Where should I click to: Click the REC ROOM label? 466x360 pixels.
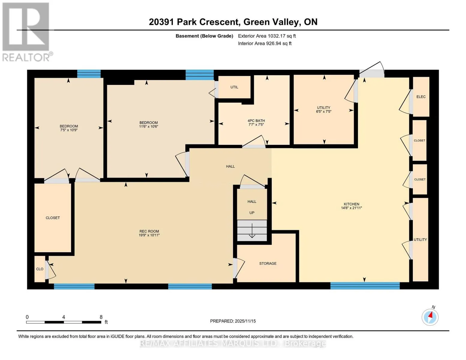click(149, 231)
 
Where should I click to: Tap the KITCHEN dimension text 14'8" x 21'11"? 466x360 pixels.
click(351, 208)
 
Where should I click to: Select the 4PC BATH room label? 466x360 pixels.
click(256, 121)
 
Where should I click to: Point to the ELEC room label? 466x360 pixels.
click(421, 97)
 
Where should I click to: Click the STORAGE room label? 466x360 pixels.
click(268, 263)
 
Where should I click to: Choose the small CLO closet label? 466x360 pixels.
click(40, 269)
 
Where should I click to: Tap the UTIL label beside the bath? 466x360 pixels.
click(234, 87)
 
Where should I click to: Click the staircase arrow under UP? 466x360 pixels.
click(252, 230)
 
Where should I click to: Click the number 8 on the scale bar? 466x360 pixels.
click(101, 317)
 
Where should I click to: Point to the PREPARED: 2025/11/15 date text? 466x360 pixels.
click(233, 321)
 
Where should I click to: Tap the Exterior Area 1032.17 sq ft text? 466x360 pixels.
click(267, 36)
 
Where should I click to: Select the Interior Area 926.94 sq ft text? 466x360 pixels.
click(265, 43)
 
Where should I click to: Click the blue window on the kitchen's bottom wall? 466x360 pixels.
click(365, 286)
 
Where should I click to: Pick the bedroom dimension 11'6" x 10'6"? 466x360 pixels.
click(149, 127)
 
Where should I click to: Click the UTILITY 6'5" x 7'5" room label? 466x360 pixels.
click(323, 109)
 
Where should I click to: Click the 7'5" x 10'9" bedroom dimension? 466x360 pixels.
click(69, 130)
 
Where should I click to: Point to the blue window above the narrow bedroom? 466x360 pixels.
click(89, 73)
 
